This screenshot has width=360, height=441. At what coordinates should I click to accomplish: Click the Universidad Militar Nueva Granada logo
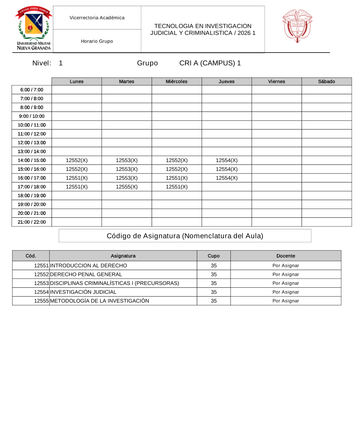(x=33, y=28)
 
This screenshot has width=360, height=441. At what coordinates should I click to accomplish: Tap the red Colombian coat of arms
(x=297, y=26)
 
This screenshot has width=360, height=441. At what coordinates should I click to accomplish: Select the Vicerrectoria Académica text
(x=97, y=18)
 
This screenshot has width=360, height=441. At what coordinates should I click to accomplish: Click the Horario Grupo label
(x=97, y=41)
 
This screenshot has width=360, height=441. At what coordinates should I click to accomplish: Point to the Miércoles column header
(x=176, y=81)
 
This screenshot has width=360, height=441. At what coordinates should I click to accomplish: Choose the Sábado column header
(x=327, y=81)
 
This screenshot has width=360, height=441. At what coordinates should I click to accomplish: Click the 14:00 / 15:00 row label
(x=32, y=160)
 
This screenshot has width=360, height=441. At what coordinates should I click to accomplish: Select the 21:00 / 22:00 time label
(x=32, y=222)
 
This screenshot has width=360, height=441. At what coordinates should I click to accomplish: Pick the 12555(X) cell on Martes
(x=127, y=187)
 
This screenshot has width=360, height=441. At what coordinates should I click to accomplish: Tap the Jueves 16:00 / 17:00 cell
(x=226, y=178)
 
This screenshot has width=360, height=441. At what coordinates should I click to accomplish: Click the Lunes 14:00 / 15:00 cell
(x=77, y=160)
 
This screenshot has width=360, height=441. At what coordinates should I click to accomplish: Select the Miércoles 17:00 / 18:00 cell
(x=176, y=187)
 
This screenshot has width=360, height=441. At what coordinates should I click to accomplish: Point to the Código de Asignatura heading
(x=185, y=236)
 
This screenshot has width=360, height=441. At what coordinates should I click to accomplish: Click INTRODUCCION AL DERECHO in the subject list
(x=89, y=266)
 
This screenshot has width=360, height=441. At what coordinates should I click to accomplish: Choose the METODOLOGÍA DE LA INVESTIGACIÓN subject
(x=99, y=301)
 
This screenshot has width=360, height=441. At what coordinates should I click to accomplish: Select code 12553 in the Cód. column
(x=41, y=283)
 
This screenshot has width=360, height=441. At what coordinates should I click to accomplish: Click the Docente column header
(x=285, y=256)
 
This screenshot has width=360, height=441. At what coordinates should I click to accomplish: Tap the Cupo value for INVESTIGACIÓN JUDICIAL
(x=213, y=292)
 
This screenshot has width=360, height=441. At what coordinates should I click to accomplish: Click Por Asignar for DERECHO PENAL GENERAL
(x=285, y=274)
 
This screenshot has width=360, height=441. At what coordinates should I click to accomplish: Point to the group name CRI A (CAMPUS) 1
(x=210, y=63)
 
